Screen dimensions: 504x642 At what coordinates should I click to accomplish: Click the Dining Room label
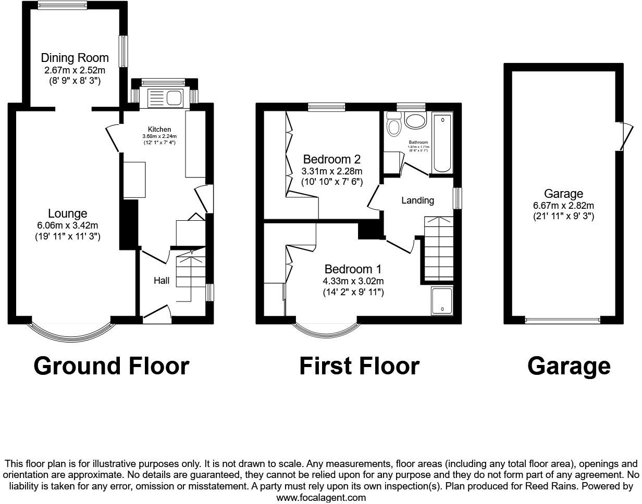(x=75, y=58)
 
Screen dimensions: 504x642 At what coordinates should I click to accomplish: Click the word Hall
(x=162, y=281)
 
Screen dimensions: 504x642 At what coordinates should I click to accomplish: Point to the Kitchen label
(x=159, y=130)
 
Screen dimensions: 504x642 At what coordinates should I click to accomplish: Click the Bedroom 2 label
(x=332, y=159)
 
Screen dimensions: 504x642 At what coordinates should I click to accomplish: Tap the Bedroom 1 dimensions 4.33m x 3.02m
(x=353, y=281)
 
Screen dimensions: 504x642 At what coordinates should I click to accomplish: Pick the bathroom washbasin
(x=415, y=121)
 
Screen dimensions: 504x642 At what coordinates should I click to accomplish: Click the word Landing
(x=418, y=200)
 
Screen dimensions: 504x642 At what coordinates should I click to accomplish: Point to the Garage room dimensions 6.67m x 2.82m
(x=563, y=205)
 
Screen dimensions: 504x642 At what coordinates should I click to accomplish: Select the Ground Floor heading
(x=111, y=366)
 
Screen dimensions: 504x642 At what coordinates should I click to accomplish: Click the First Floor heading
(x=359, y=366)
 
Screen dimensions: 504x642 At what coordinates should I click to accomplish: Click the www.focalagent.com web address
(x=321, y=497)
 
